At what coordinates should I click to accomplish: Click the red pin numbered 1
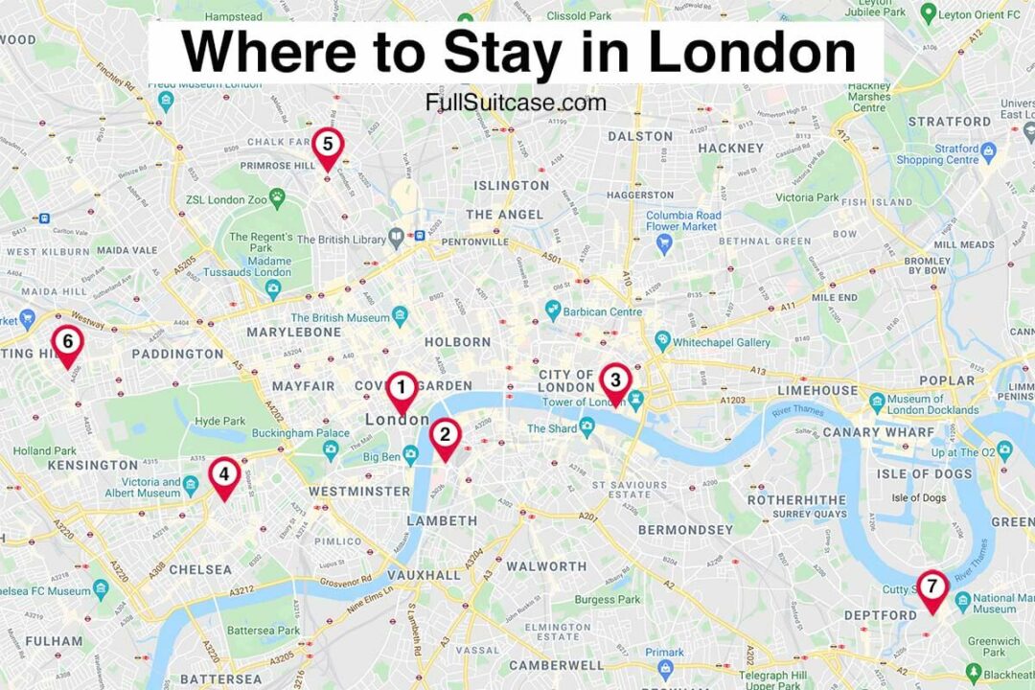pos(402,389)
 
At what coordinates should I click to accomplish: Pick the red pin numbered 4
pos(224,475)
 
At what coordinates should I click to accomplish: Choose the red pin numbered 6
pos(67,343)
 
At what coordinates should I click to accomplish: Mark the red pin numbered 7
pos(932,588)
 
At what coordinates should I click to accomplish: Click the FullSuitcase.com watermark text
pos(517,103)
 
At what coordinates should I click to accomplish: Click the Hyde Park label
pos(220,422)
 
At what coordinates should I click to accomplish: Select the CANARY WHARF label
pos(878,432)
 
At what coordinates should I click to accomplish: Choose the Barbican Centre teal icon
pos(552,310)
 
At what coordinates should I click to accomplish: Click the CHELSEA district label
pos(200,569)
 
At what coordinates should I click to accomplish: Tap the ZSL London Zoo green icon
pos(277,197)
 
